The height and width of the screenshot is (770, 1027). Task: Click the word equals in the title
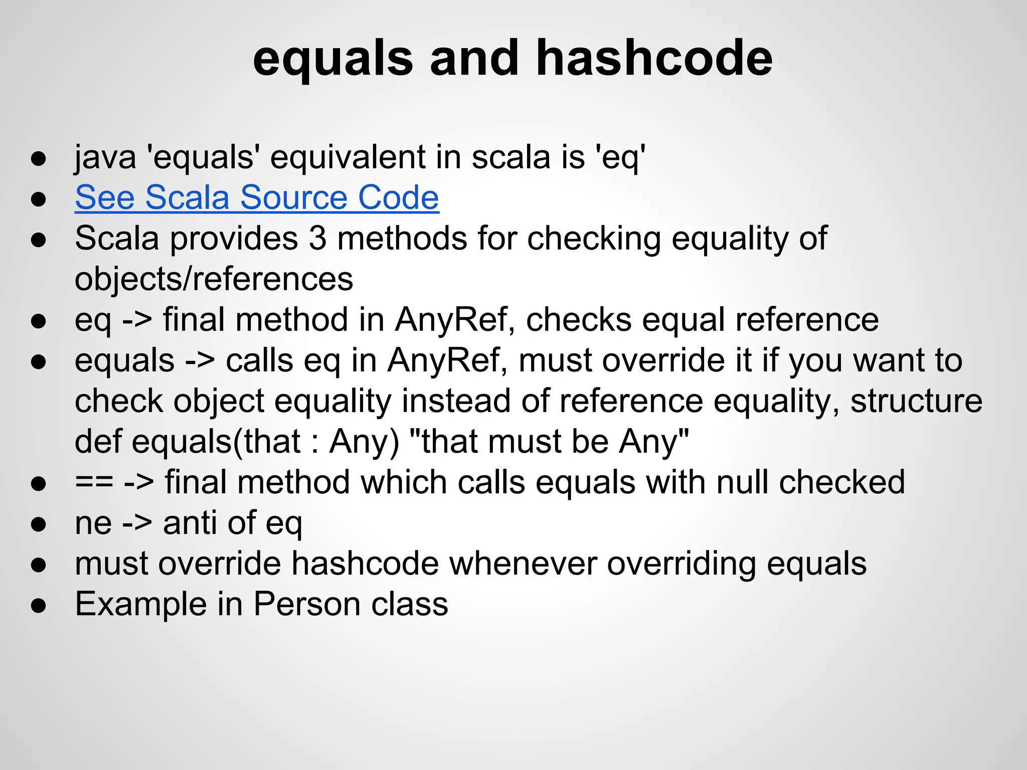tap(333, 59)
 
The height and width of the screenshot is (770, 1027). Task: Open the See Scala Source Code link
tap(257, 198)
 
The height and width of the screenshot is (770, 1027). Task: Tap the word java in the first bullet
tap(105, 157)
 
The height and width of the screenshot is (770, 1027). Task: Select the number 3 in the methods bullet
tap(317, 238)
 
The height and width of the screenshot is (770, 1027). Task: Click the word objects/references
tap(214, 279)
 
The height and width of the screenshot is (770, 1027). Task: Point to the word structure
tap(916, 401)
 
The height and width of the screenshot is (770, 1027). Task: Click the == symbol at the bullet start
tap(94, 482)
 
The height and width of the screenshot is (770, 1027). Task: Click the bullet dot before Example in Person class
tap(39, 606)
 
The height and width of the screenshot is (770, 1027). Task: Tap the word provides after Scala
tap(234, 238)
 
